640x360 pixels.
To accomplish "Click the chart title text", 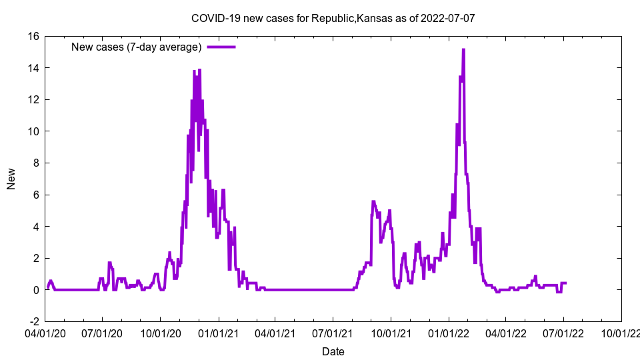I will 333,18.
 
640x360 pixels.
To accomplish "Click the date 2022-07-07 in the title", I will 447,18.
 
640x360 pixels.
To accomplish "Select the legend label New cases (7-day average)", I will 137,47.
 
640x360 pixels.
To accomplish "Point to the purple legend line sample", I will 221,47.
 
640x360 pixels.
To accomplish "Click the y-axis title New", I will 11,179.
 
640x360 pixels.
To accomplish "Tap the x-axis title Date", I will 333,351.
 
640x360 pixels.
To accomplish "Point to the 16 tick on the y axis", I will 33,36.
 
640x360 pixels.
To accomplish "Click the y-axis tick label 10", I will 33,131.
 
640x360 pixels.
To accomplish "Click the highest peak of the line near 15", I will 463,50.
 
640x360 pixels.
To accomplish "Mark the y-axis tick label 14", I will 33,68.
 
